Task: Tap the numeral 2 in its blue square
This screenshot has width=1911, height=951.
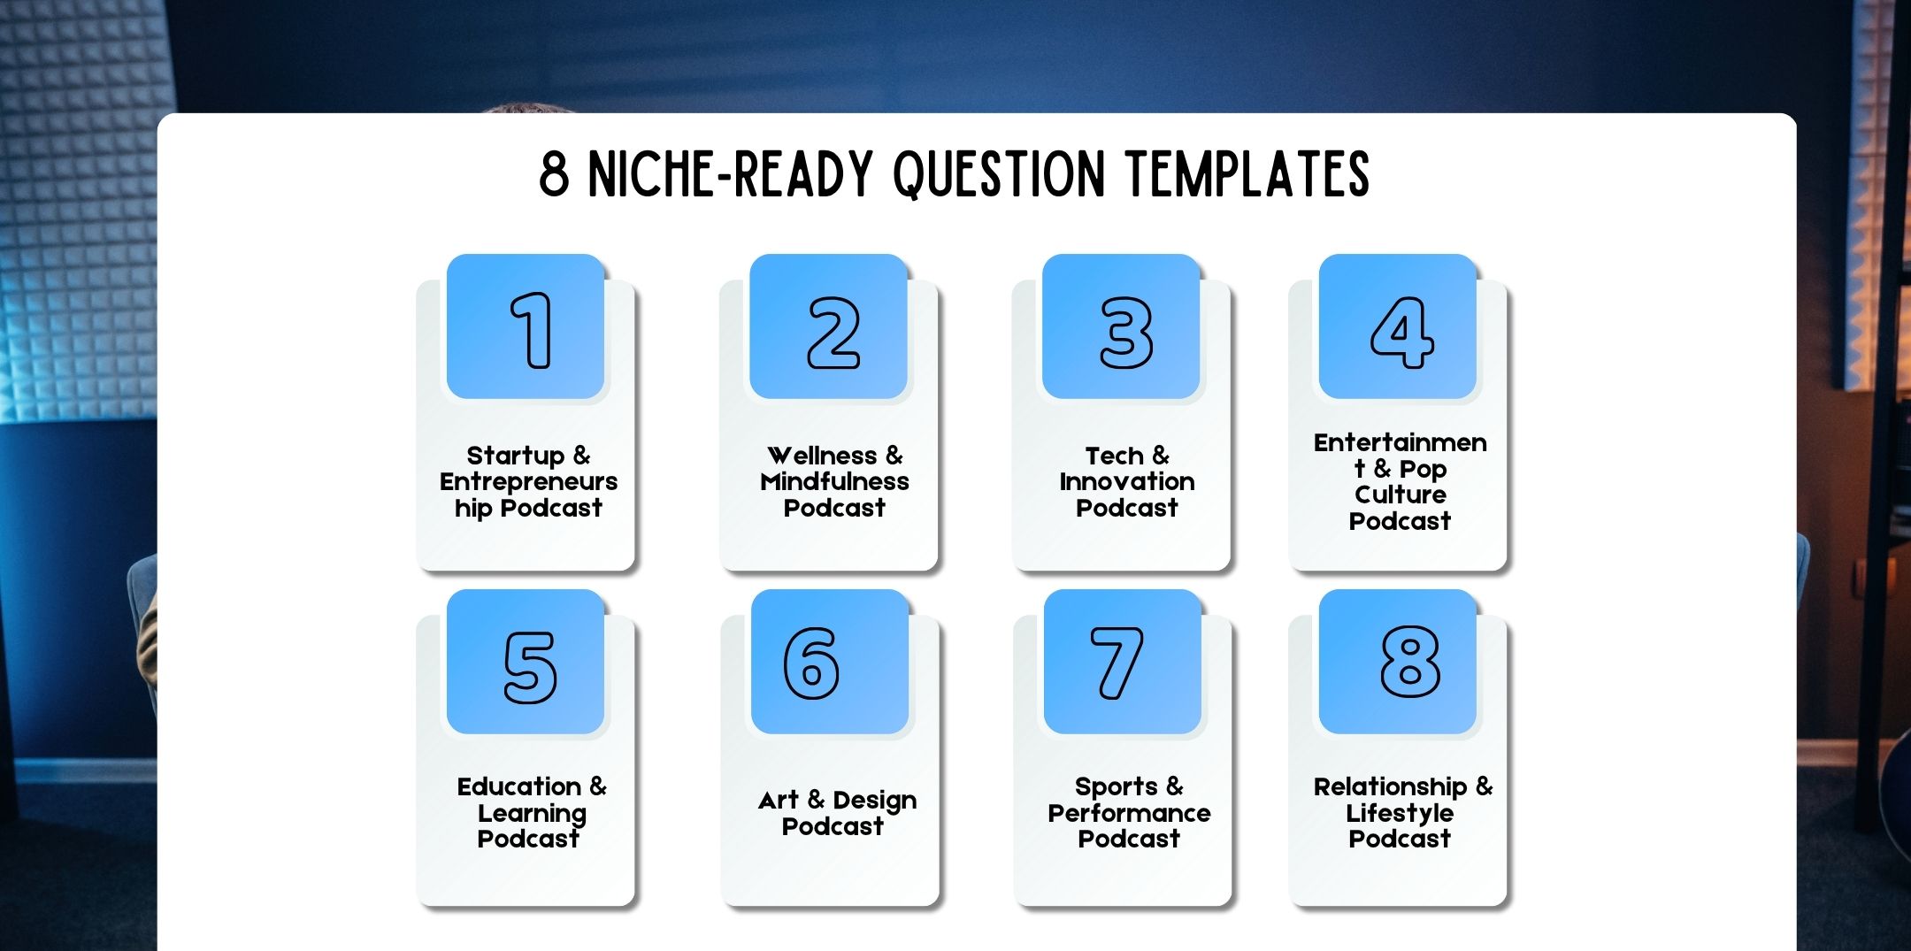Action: [x=833, y=333]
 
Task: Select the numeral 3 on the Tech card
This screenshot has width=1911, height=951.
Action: [x=1126, y=333]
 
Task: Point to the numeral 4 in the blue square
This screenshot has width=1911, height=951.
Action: [x=1402, y=333]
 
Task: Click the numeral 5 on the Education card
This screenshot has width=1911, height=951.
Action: [x=530, y=668]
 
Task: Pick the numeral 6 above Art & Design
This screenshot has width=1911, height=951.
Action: [x=811, y=663]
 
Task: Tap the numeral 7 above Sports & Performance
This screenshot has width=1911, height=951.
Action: [x=1117, y=663]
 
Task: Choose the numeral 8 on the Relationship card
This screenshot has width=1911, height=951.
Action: [x=1410, y=662]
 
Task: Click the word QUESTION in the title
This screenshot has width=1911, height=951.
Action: [x=1000, y=173]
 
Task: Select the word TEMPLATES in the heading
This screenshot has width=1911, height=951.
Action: [x=1248, y=173]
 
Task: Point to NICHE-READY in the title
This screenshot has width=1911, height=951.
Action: [x=731, y=173]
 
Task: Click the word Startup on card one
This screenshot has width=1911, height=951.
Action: [x=515, y=456]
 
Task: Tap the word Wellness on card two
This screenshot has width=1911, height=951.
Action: [x=822, y=456]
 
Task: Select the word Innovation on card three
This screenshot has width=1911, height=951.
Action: [x=1127, y=481]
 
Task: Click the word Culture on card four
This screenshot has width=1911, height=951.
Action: [x=1401, y=494]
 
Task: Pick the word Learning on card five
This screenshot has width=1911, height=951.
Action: [x=532, y=814]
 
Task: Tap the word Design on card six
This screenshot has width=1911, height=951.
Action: [x=875, y=801]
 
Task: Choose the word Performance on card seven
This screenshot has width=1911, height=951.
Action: [x=1129, y=813]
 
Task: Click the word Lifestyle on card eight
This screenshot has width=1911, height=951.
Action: [x=1400, y=814]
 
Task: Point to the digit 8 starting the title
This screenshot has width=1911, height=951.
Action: [x=554, y=173]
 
